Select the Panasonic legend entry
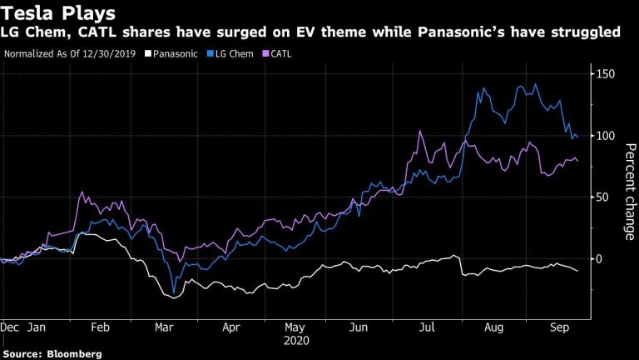click(x=172, y=54)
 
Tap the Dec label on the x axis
click(x=11, y=328)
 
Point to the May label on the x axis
click(x=295, y=328)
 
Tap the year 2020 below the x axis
click(x=295, y=341)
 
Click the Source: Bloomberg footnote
click(x=52, y=353)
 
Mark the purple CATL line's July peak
click(x=421, y=132)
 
